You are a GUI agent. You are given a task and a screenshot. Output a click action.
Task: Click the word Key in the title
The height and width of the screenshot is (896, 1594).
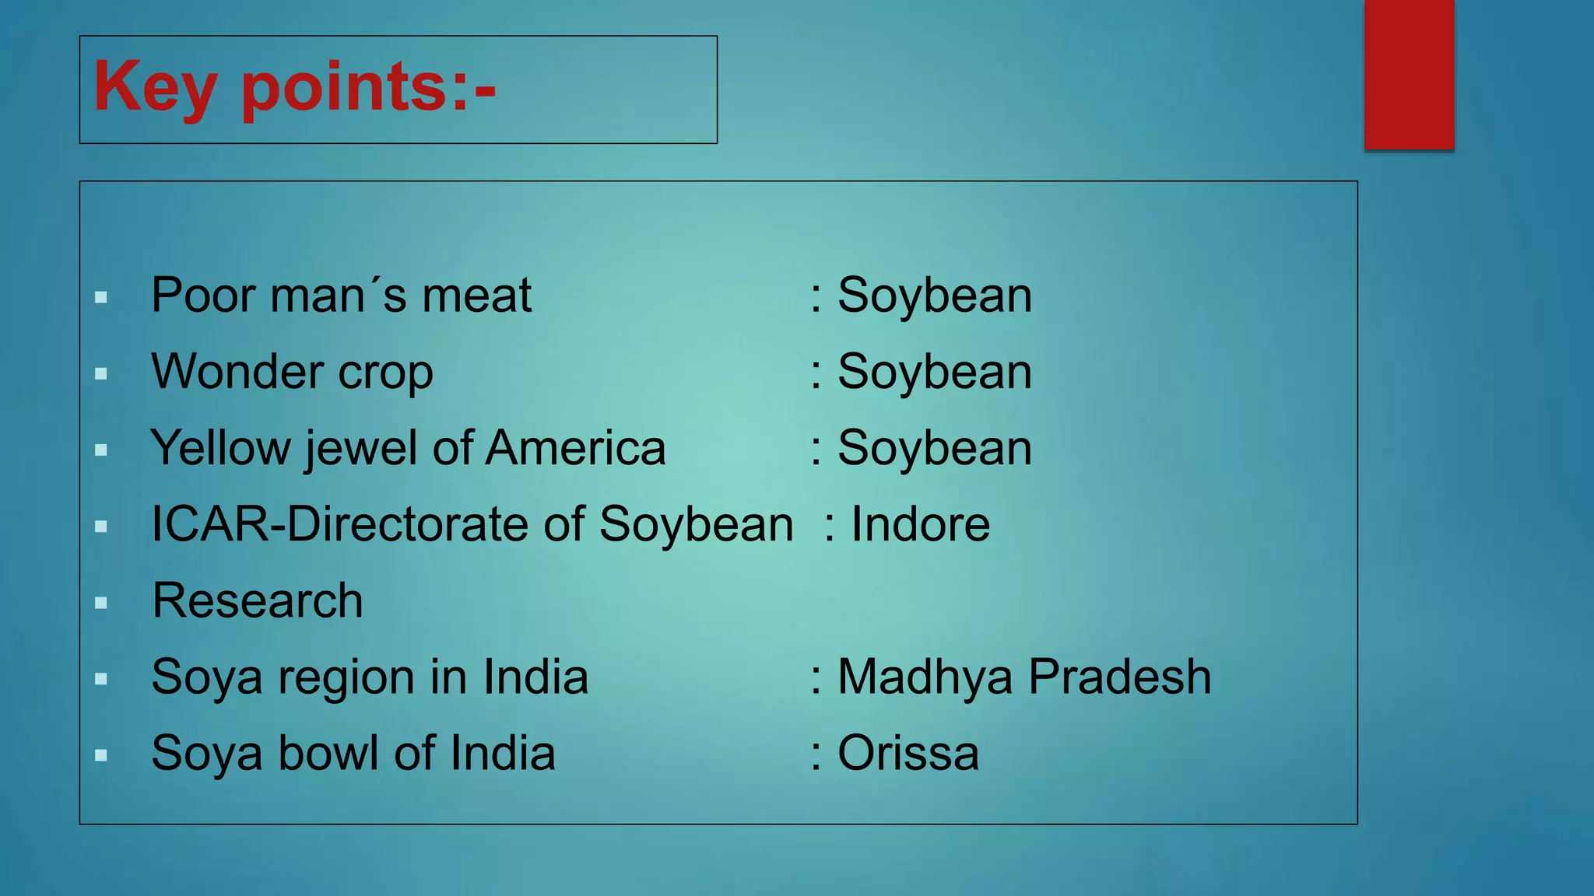[x=154, y=88]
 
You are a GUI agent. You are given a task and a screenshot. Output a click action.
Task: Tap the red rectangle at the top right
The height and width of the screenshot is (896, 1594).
[x=1409, y=74]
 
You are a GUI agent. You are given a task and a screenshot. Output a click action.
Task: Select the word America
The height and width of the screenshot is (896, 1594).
[x=575, y=449]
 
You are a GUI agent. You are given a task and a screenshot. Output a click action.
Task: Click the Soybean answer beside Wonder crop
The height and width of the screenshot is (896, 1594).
[x=934, y=372]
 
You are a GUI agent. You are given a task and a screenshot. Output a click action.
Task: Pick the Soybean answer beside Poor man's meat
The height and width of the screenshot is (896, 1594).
[x=934, y=296]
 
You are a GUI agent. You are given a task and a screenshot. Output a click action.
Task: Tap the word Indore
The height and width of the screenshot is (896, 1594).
[x=920, y=524]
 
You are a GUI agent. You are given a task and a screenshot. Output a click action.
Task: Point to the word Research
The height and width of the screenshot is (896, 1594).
[x=258, y=600]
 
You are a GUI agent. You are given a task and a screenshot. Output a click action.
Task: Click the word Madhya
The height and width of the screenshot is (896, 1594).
[x=925, y=677]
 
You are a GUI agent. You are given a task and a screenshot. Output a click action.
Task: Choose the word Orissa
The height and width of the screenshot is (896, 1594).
[x=908, y=753]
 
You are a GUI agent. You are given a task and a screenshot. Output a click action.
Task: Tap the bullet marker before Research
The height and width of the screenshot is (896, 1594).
[x=101, y=603]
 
